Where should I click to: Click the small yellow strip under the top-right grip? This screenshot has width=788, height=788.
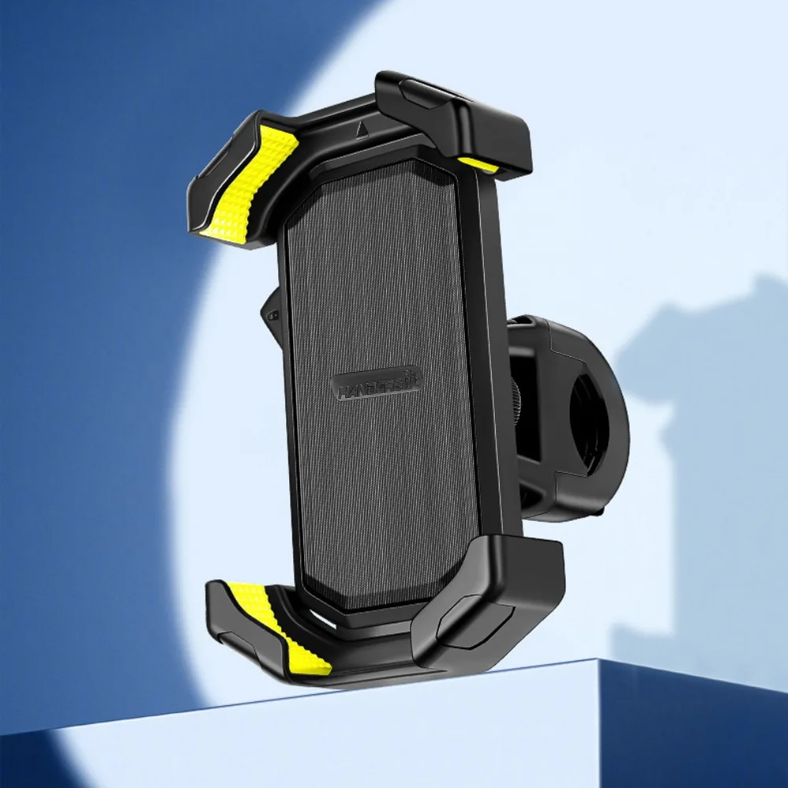(x=479, y=165)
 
